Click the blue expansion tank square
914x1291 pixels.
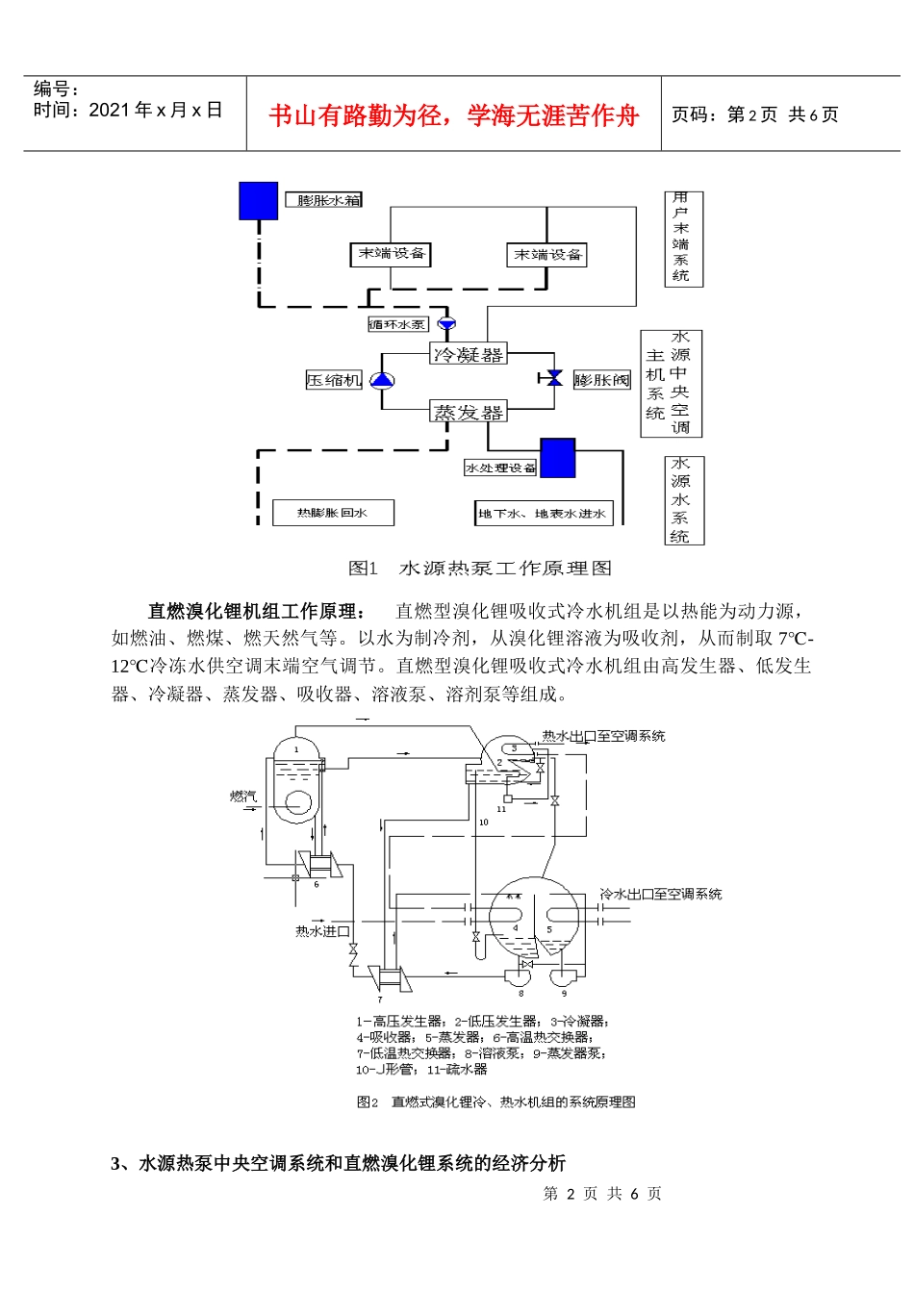tap(258, 201)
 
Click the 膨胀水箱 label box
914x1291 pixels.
tap(324, 200)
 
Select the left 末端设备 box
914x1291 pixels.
tap(391, 254)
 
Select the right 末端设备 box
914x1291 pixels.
tap(546, 255)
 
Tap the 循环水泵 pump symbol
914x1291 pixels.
tap(446, 324)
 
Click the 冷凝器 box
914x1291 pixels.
tap(468, 354)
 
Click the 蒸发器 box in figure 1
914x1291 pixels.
tap(468, 412)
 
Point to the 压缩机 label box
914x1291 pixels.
tap(334, 381)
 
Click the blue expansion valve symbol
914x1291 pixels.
tap(553, 378)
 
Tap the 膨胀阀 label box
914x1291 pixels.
tap(601, 380)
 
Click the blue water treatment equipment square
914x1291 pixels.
tap(557, 458)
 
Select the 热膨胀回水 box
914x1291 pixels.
tap(333, 513)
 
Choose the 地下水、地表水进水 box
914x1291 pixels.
tap(544, 514)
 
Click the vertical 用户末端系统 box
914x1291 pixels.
tap(682, 238)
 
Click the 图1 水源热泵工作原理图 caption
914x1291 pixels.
tap(479, 569)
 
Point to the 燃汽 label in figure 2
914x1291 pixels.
tap(242, 796)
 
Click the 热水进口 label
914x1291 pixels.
tap(321, 931)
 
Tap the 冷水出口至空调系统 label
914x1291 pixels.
tap(660, 894)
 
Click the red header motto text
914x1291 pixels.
tap(453, 116)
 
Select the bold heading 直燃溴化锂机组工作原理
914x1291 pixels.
tap(256, 611)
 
